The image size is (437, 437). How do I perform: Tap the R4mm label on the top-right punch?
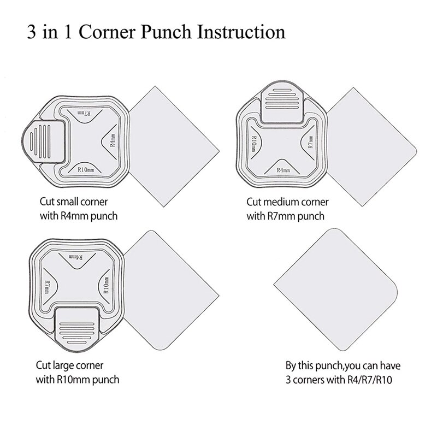(x=283, y=169)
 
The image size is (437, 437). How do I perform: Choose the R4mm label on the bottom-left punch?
(x=77, y=257)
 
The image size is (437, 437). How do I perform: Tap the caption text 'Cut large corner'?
(x=69, y=365)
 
